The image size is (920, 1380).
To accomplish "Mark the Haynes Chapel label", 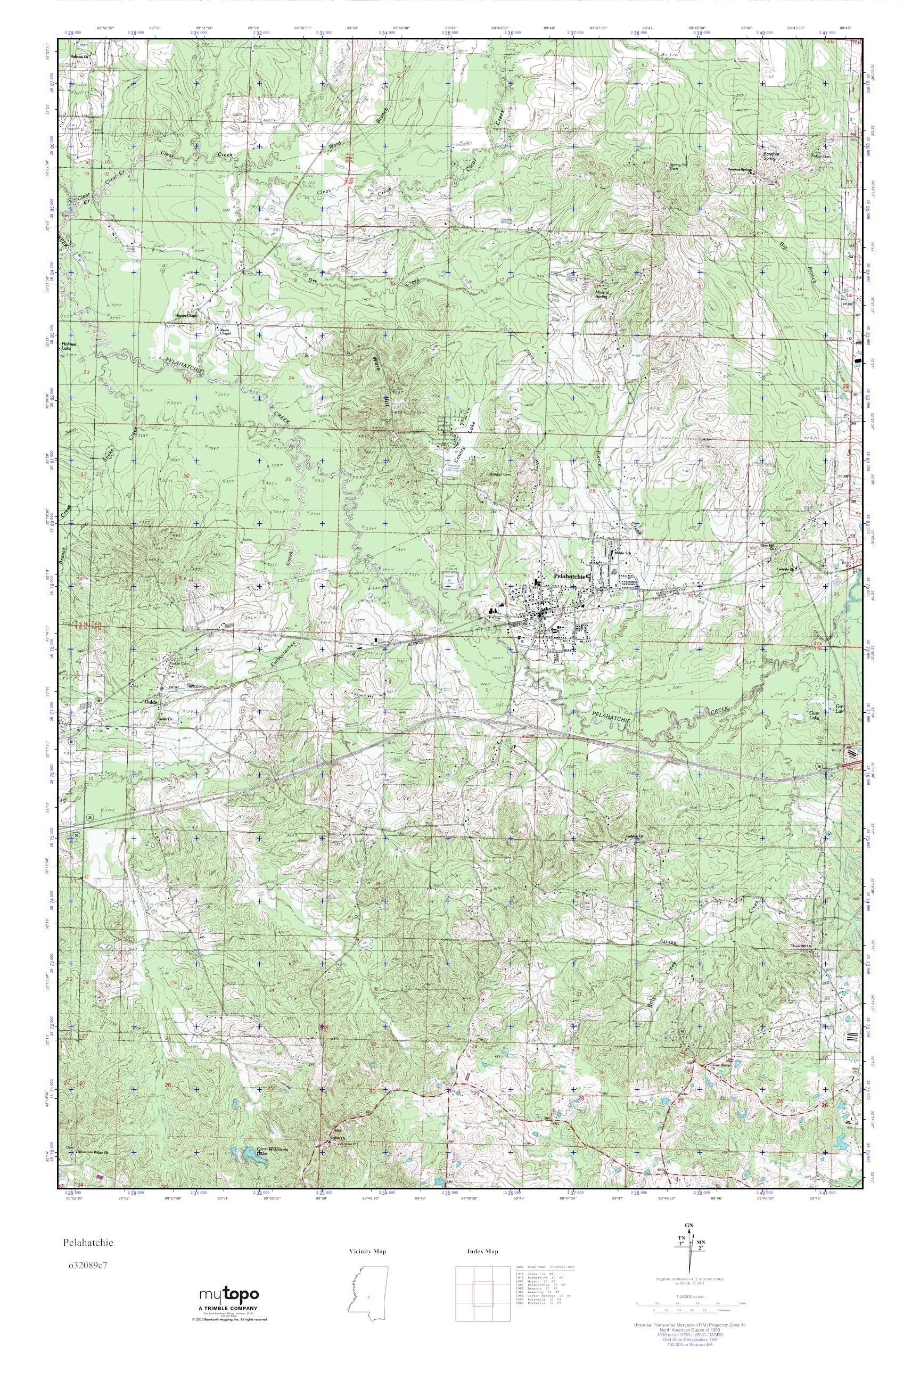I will [184, 315].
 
